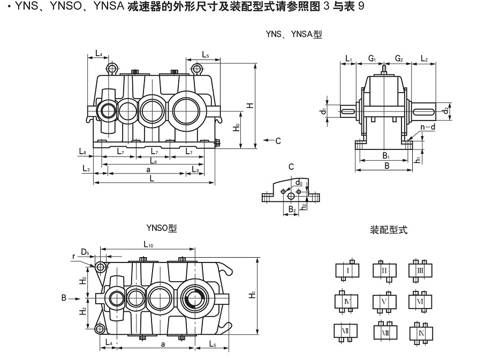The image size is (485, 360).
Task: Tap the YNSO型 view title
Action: coord(161,228)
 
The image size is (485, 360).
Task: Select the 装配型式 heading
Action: coord(389,230)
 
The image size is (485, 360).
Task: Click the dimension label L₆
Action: coord(154,161)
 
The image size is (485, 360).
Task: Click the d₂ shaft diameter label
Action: coord(445,111)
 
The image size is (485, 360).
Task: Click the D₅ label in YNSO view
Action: coord(85,252)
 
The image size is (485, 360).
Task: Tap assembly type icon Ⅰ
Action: coord(347,271)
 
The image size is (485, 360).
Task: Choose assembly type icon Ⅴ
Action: coord(384,302)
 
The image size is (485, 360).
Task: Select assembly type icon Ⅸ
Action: coord(420,333)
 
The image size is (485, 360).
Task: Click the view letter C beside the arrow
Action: coord(278,141)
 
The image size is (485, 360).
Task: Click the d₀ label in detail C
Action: coord(299,183)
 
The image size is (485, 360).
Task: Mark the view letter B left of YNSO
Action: coord(63,296)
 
